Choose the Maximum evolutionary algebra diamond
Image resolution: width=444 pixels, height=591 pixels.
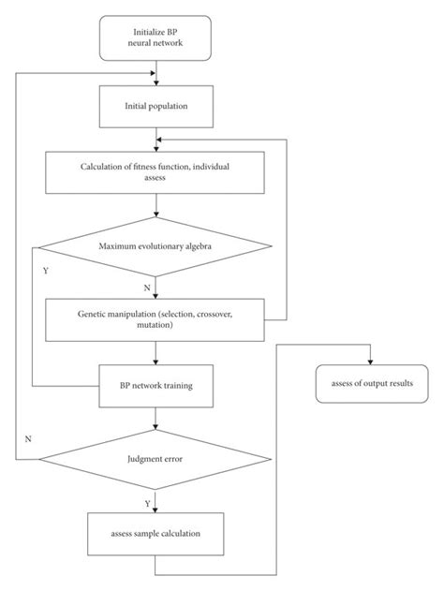155,247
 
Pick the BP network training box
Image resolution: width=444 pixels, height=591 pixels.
155,385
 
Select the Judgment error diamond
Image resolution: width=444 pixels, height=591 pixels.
155,459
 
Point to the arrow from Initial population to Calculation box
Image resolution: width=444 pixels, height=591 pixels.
155,139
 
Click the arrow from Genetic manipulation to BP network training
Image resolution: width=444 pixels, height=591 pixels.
155,354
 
